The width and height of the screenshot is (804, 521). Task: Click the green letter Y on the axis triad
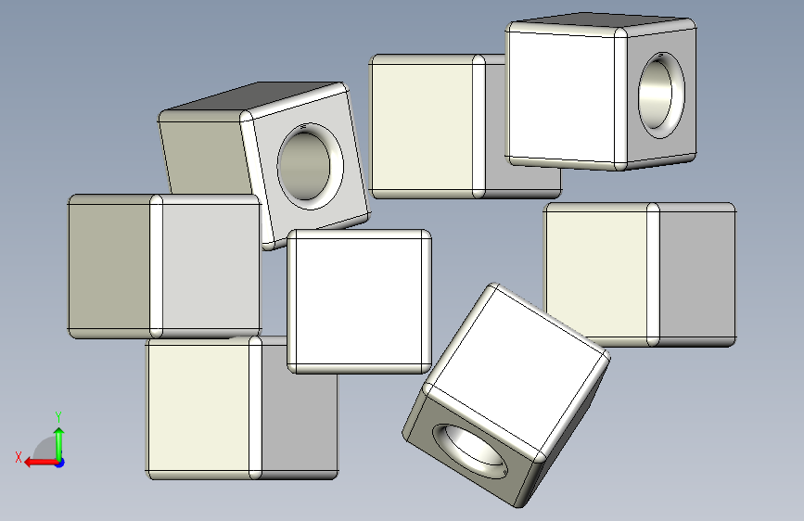(x=58, y=416)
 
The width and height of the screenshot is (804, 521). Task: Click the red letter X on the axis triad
(x=19, y=457)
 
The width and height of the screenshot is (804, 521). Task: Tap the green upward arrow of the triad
(x=59, y=444)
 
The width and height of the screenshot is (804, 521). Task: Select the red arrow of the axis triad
(x=41, y=463)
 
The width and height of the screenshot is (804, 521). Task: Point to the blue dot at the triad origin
(x=60, y=463)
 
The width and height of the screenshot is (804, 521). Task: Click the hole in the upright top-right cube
(x=661, y=95)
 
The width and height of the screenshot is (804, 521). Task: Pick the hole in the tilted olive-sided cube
(x=311, y=166)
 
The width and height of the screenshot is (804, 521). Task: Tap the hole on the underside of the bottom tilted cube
(x=470, y=451)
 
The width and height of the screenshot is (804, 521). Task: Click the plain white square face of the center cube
(x=359, y=301)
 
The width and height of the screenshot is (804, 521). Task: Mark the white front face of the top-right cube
(x=561, y=95)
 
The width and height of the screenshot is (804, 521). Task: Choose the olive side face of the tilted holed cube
(x=205, y=158)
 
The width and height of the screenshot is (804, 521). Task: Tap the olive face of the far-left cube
(x=109, y=266)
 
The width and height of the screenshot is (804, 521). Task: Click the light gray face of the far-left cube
(x=211, y=266)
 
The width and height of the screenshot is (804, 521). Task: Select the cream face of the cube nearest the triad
(x=199, y=408)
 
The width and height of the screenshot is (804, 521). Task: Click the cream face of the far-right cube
(x=596, y=274)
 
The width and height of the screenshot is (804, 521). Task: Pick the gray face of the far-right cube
(x=696, y=275)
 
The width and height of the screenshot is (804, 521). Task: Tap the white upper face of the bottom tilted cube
(x=517, y=369)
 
